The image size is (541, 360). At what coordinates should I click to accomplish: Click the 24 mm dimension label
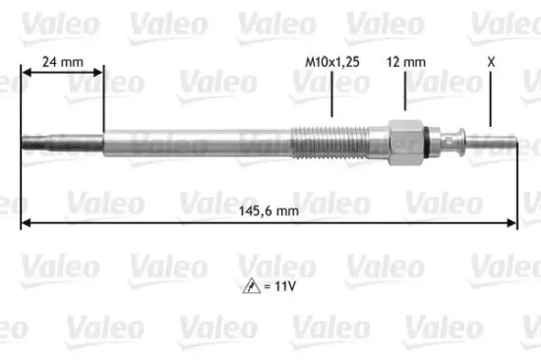62,62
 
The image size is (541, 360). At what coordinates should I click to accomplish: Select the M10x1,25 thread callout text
326,62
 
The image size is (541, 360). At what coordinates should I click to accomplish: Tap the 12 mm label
406,62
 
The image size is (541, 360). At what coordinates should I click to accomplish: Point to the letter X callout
489,62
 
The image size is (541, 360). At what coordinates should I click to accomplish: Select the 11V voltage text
284,287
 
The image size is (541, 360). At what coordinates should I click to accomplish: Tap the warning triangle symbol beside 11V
253,287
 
